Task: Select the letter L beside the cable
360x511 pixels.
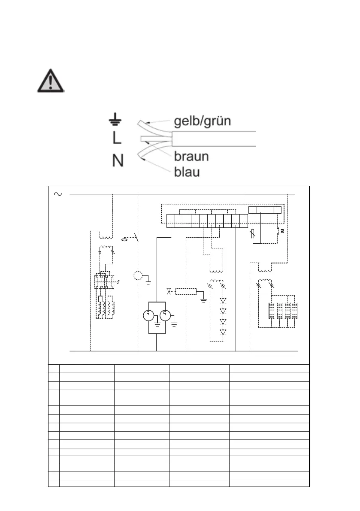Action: coord(116,139)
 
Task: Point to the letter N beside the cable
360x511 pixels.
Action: coord(118,161)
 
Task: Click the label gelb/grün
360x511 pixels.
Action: coord(202,121)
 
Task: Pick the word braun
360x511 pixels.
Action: coord(191,156)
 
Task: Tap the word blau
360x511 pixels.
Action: coord(187,172)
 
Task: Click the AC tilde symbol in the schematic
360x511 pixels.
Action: coord(58,194)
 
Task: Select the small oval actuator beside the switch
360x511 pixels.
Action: coord(125,239)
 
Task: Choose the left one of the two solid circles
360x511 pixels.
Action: coord(148,316)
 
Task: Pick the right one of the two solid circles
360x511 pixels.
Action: coord(165,316)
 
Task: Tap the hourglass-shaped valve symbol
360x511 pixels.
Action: coord(169,292)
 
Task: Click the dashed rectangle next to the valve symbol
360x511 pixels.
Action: coord(186,292)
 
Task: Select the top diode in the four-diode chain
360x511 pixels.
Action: coord(223,301)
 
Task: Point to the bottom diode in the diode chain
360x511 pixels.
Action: coord(223,332)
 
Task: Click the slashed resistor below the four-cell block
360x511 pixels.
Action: coord(253,234)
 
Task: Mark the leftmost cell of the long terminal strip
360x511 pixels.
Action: coord(170,221)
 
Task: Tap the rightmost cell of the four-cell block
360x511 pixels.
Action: coord(277,210)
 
